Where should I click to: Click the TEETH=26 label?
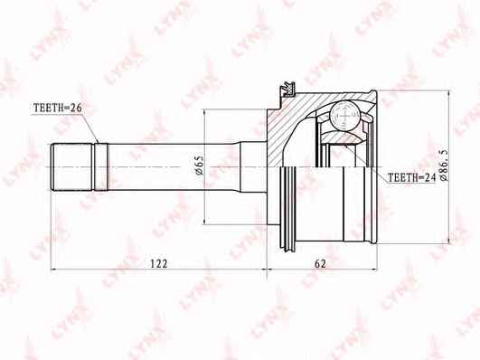coord(57,108)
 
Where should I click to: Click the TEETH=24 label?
coord(411,177)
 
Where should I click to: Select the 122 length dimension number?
coord(159,263)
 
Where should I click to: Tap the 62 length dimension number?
coord(320,263)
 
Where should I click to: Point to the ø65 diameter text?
coord(199,165)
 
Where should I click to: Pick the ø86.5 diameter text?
coord(444,165)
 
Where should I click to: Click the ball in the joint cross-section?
coord(344,116)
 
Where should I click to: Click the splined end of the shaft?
coord(72,167)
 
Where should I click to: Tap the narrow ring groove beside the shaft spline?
coord(101,167)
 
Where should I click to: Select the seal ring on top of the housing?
coord(288,90)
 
